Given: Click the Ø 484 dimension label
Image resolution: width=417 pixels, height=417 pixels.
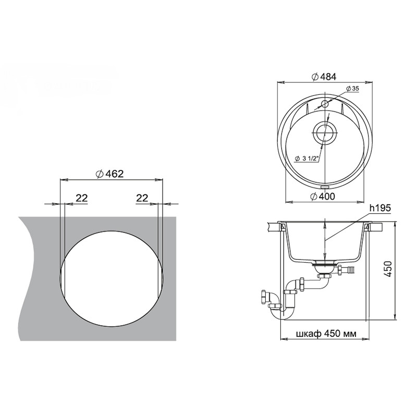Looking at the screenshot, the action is (x=324, y=77).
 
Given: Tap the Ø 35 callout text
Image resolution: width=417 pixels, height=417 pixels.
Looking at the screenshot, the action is (x=353, y=89).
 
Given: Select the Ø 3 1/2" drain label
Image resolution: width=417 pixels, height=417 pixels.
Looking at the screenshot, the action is (x=307, y=159).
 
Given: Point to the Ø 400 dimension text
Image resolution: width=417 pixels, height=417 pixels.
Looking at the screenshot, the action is (x=323, y=197).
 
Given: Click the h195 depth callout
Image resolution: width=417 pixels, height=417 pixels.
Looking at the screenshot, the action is (x=381, y=208).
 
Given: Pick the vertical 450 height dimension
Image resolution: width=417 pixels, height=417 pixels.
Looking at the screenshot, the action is (x=388, y=269).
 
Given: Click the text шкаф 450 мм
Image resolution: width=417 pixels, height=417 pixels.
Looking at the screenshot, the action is (x=326, y=334).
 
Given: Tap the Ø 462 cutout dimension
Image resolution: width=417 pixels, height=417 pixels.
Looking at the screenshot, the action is (x=109, y=174).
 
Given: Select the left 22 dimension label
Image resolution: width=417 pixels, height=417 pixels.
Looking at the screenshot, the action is (x=82, y=198).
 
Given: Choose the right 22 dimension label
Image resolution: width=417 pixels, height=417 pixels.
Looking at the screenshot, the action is (x=142, y=198).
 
